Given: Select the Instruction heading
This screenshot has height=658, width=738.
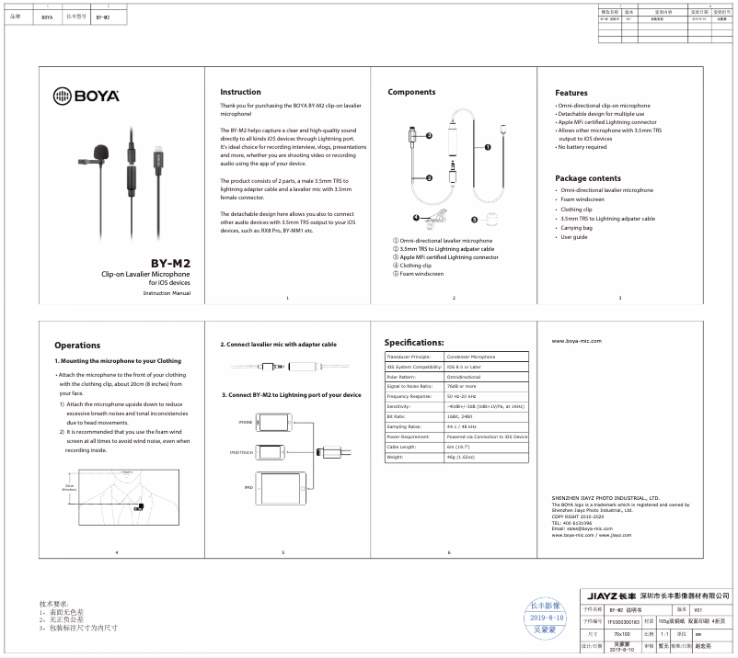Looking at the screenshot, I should coord(240,92).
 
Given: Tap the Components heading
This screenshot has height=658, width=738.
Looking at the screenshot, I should coord(411,92).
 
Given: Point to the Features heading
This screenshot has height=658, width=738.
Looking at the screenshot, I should coord(571,93).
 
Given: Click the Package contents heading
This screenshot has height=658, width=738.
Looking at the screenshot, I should coord(587,177).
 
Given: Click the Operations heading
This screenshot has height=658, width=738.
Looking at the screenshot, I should coord(77,346).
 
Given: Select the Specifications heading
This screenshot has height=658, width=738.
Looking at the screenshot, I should coord(421,341).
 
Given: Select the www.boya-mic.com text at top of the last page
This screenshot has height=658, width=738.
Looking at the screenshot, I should coord(576,340).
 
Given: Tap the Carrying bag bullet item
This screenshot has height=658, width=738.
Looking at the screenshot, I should coord(577,228).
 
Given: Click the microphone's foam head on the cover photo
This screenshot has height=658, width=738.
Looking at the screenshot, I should coord(100,151).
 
